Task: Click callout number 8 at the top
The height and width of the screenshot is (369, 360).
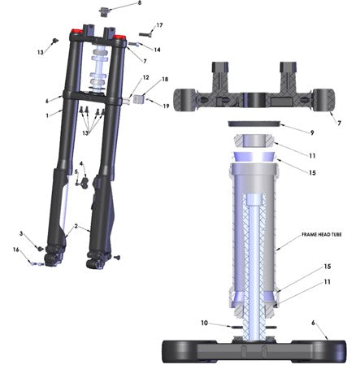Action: (x=138, y=4)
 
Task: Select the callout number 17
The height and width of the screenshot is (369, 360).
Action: (x=159, y=25)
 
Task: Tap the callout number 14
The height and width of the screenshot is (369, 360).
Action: (x=157, y=50)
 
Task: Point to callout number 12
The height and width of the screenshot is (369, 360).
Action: (x=146, y=78)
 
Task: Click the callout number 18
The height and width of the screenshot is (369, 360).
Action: (x=165, y=80)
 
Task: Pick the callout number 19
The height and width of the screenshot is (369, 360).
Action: (x=165, y=106)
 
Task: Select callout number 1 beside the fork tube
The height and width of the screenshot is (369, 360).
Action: (x=48, y=115)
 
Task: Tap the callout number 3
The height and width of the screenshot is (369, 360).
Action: (x=22, y=234)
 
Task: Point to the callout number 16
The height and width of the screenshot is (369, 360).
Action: (x=15, y=251)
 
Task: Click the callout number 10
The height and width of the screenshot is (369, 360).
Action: (x=204, y=322)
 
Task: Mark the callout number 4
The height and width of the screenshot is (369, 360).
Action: (x=81, y=164)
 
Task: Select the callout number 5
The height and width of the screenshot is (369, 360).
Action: (x=76, y=172)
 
